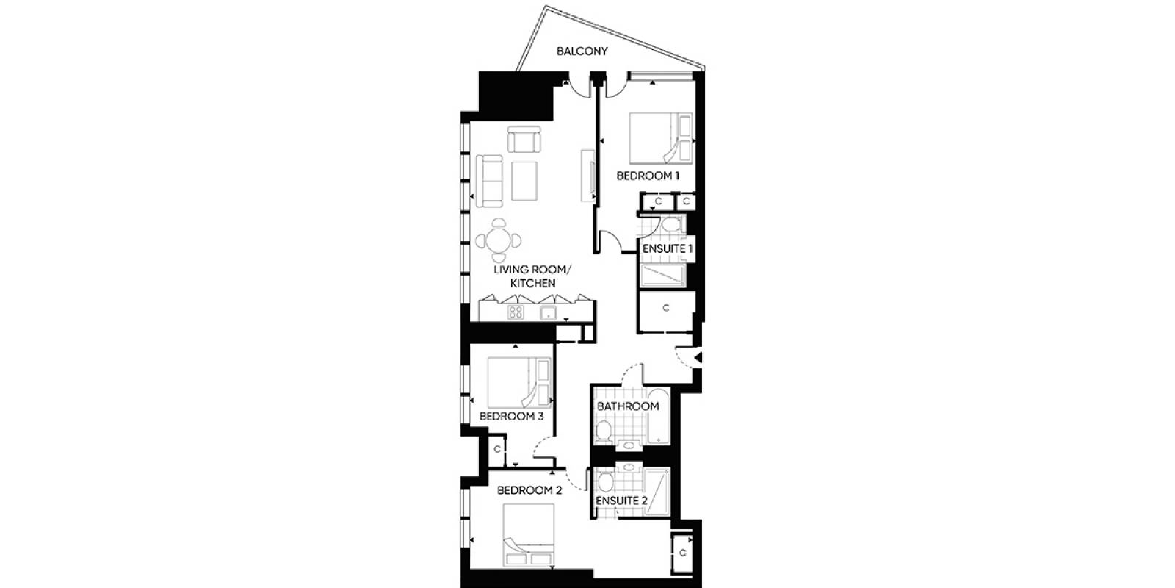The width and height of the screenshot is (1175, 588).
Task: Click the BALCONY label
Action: pos(582,51)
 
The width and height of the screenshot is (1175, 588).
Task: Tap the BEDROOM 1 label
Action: pos(647,176)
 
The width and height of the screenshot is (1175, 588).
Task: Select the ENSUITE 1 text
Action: pos(668,248)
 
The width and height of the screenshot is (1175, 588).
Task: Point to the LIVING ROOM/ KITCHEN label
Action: pos(532,276)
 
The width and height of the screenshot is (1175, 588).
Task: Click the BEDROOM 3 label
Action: pos(511,416)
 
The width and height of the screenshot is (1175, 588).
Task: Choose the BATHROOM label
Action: pos(628,406)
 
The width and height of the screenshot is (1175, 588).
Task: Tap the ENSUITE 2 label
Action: pos(621,501)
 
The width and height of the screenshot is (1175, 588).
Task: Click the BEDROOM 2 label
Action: pos(529,490)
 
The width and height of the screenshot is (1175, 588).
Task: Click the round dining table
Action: pos(499,241)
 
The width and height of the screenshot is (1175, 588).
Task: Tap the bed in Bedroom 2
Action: pos(528,535)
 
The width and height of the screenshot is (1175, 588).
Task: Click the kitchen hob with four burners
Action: pos(516,313)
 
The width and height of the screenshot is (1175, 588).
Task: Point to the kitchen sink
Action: pos(548,313)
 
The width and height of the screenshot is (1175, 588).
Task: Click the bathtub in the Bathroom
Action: pos(658,416)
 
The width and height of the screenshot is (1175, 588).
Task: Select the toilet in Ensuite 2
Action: pos(606,482)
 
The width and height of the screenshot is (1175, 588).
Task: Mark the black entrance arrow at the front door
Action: pos(698,357)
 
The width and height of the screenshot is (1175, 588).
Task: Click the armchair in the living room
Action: pos(524,139)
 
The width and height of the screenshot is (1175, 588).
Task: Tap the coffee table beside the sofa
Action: pos(524,181)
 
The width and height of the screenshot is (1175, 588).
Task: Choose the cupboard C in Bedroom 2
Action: pos(682,553)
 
